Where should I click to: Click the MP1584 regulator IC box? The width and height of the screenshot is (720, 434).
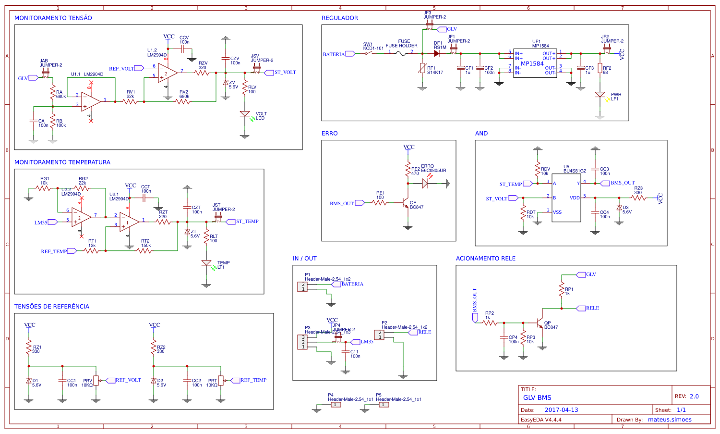pos(535,63)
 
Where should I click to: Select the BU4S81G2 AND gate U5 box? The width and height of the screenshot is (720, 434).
pos(566,198)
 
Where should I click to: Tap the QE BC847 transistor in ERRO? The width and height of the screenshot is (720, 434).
pos(406,203)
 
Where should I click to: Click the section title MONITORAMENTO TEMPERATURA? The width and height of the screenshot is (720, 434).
pos(62,162)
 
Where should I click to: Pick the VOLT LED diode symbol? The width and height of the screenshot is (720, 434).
pos(245,114)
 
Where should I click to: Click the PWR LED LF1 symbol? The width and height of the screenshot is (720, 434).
pos(600,95)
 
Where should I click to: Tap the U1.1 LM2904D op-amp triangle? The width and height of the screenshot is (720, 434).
pos(90,102)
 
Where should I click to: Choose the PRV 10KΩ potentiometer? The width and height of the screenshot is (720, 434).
pos(96,381)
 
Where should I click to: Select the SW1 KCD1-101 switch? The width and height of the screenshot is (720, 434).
pos(368,53)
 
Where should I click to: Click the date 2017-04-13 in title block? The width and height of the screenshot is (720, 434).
pos(561,410)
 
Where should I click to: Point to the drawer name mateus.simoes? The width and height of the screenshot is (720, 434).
pos(670,420)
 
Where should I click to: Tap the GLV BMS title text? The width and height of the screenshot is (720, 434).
pos(537,397)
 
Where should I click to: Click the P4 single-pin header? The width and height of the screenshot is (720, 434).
pos(336,405)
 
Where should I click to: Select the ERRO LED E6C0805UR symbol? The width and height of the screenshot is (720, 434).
pos(425,183)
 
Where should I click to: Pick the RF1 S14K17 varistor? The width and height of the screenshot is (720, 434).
pos(422,68)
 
